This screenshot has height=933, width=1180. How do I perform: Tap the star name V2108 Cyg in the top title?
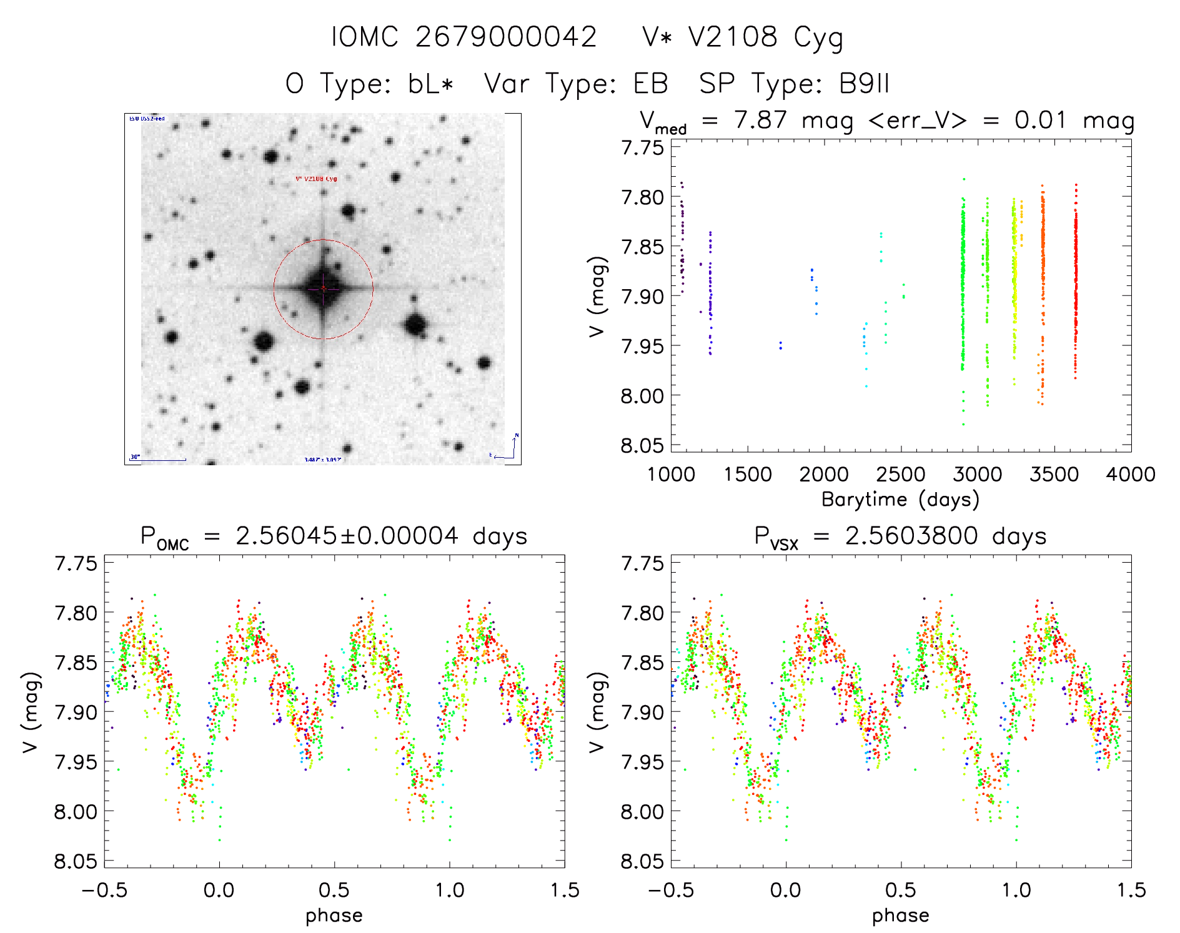(x=765, y=37)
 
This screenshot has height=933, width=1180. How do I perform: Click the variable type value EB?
(x=650, y=84)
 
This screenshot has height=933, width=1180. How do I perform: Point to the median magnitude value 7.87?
(x=760, y=120)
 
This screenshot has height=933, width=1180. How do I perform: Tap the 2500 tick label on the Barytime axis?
(x=901, y=475)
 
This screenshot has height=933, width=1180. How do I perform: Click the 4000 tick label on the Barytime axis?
(x=1131, y=475)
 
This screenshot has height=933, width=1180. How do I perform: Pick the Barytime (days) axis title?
(x=900, y=500)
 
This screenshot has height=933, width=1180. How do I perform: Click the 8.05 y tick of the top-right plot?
(x=642, y=445)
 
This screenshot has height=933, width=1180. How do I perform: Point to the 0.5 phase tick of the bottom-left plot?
(x=334, y=890)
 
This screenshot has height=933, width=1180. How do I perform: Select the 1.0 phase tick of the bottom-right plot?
(x=1016, y=890)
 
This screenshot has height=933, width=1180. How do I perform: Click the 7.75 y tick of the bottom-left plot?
(x=76, y=563)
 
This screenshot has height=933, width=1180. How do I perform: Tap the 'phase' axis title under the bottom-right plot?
(x=900, y=916)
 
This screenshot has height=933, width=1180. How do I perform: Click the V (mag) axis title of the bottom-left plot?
(x=31, y=713)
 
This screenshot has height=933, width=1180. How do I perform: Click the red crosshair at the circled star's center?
(x=323, y=289)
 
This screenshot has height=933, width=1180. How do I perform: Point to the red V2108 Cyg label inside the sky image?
(x=316, y=179)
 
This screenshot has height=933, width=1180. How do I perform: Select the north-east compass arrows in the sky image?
(x=507, y=448)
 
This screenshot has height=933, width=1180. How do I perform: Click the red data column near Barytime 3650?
(x=1076, y=281)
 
